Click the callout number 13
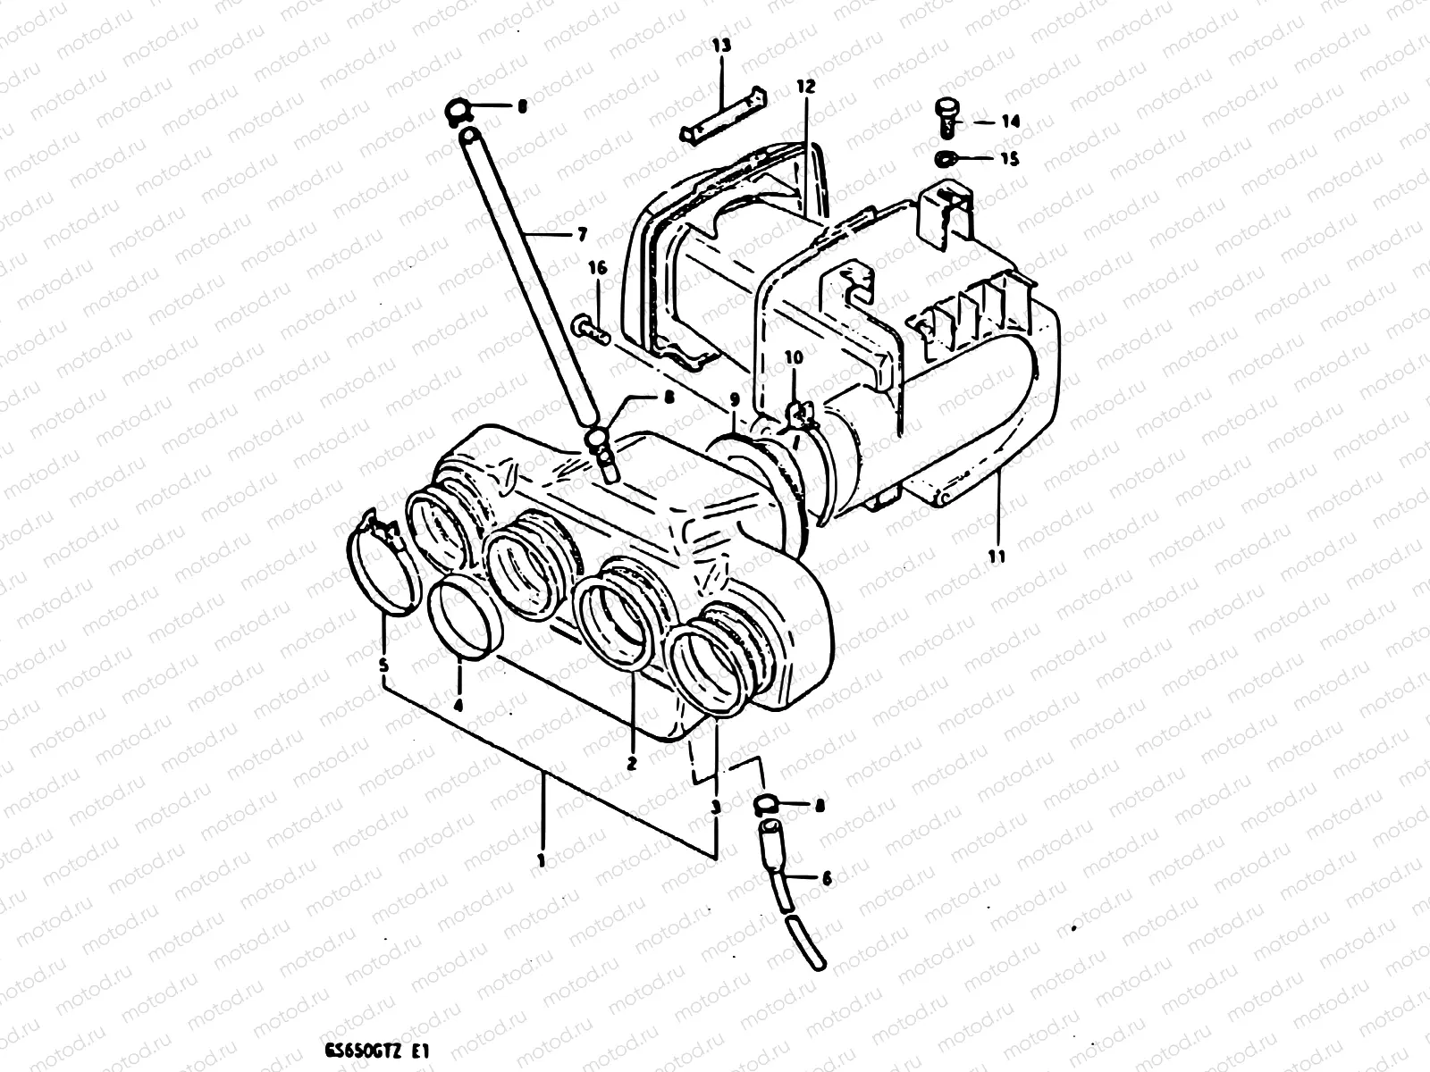[721, 45]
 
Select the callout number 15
[1008, 159]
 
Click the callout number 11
[997, 556]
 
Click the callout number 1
[541, 859]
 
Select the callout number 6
[825, 878]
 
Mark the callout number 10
[794, 357]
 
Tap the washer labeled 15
[946, 159]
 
